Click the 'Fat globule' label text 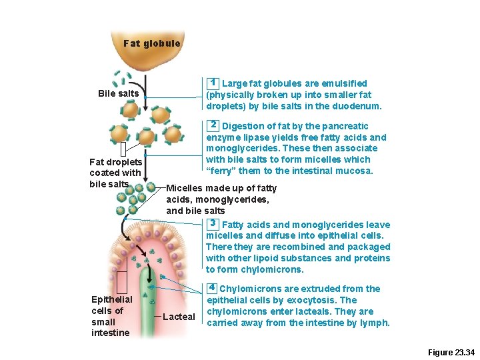pos(151,44)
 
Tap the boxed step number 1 pos(213,83)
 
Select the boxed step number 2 pos(213,125)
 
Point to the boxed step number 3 pos(213,223)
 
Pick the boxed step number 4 pos(211,288)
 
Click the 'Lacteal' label pos(179,317)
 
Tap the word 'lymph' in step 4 pos(375,323)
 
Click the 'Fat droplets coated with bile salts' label pos(115,173)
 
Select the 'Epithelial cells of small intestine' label pos(111,316)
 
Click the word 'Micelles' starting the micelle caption pos(185,188)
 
